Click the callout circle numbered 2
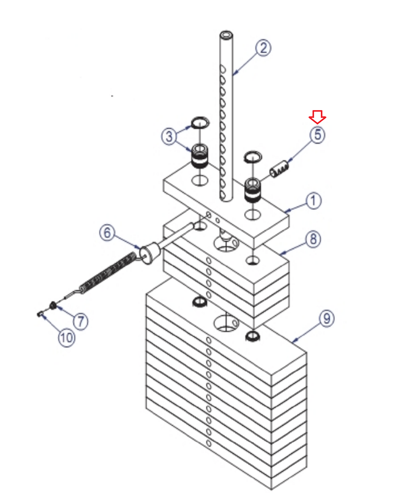(x=263, y=48)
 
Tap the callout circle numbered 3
(x=169, y=136)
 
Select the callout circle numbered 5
(x=317, y=135)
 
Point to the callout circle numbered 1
(x=313, y=200)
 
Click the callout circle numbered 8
(x=313, y=239)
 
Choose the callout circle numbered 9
(x=327, y=318)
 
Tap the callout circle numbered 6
(x=107, y=233)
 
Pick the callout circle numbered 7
(x=81, y=321)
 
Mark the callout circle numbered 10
(x=67, y=338)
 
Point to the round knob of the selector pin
(x=149, y=253)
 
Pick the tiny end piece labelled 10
(x=40, y=314)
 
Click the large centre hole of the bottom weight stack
(x=226, y=324)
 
